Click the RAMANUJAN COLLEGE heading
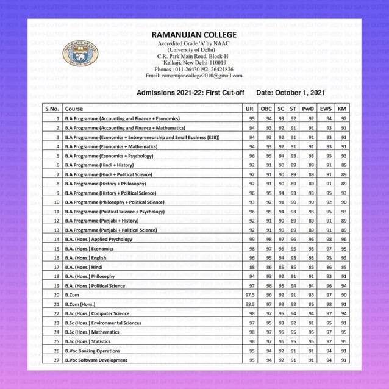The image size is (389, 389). click(x=194, y=35)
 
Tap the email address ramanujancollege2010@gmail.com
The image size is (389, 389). click(x=194, y=76)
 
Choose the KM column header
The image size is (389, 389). click(x=344, y=108)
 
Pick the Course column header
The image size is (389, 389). click(x=75, y=108)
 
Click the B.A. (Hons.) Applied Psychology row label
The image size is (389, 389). click(x=94, y=239)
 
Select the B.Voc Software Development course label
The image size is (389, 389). click(x=96, y=360)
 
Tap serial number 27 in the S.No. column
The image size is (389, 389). click(x=55, y=360)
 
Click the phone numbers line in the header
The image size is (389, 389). click(x=194, y=70)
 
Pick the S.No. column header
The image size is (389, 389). click(x=51, y=108)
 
